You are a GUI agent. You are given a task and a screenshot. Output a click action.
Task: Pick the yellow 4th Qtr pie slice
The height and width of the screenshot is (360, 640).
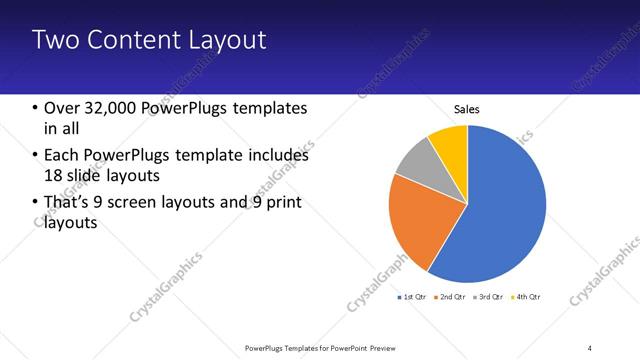[450, 141]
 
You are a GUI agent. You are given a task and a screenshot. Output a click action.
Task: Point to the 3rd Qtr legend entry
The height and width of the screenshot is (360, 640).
[490, 297]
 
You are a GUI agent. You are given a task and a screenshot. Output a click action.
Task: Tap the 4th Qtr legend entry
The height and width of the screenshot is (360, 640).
[527, 297]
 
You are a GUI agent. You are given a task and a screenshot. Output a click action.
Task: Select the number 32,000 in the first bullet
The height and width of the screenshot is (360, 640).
[113, 108]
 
